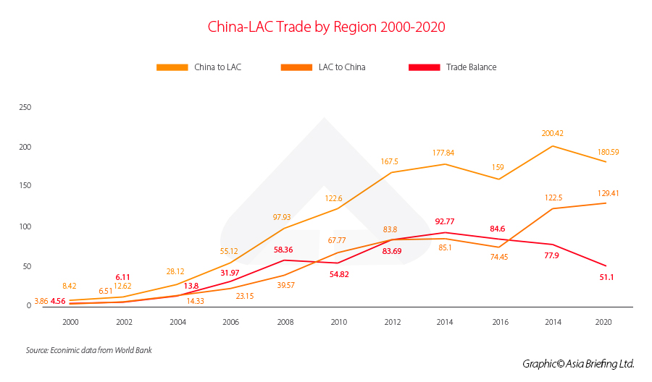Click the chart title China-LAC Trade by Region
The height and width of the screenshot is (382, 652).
[x=326, y=27]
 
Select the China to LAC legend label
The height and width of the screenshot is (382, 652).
[x=218, y=67]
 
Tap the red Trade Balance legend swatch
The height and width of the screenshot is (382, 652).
[x=425, y=67]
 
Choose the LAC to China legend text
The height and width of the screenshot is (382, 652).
[x=342, y=67]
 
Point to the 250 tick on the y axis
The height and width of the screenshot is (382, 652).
[x=25, y=107]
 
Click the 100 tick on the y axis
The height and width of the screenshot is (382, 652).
[x=25, y=226]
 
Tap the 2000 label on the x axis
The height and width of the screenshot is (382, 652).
[x=70, y=322]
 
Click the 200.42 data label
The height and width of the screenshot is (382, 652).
[x=553, y=133]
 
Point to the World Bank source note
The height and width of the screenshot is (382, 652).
[x=89, y=351]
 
